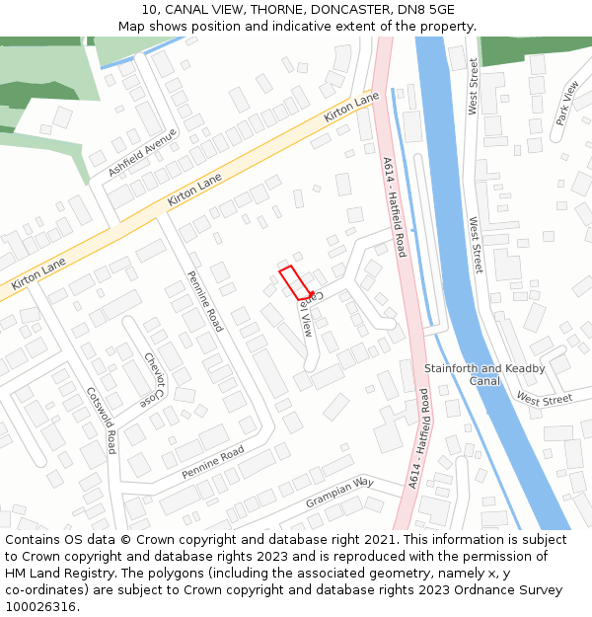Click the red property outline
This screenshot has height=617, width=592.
coord(294,282)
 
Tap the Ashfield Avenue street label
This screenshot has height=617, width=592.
coord(142,153)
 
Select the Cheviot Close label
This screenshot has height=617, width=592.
coord(153,380)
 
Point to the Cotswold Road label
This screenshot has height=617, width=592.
coord(103,420)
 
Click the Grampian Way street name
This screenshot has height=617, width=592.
coord(339,493)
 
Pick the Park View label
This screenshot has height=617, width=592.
coord(567,104)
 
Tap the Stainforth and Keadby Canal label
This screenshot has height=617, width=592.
coord(470,374)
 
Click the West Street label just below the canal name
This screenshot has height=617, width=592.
coord(544,400)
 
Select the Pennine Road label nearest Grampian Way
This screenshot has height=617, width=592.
coord(212,463)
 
